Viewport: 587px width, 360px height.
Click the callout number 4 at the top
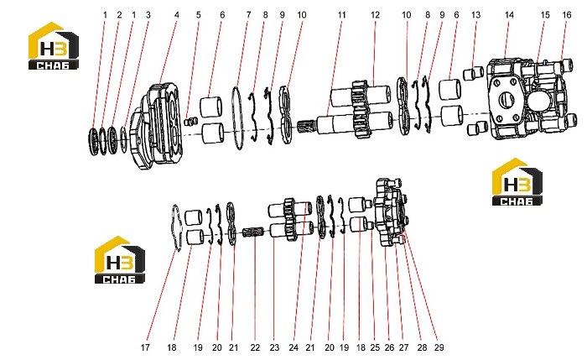tap(177, 15)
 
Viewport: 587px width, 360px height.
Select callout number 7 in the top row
tap(248, 15)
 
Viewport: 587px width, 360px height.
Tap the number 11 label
tap(341, 15)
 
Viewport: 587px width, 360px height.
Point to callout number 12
tap(375, 15)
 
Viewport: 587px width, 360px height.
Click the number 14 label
tap(509, 15)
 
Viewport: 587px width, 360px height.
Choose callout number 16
tap(567, 15)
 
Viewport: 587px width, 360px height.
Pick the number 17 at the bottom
tap(145, 347)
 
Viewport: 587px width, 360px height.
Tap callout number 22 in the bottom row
tap(255, 347)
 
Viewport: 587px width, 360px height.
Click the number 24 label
tap(293, 347)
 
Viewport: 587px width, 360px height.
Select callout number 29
tap(439, 347)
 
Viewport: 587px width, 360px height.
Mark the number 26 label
tap(389, 347)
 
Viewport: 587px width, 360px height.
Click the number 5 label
tap(199, 15)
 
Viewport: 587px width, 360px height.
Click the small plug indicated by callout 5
tap(191, 121)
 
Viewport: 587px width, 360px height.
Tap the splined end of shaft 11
tap(308, 128)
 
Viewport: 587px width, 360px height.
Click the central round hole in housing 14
tap(506, 100)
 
